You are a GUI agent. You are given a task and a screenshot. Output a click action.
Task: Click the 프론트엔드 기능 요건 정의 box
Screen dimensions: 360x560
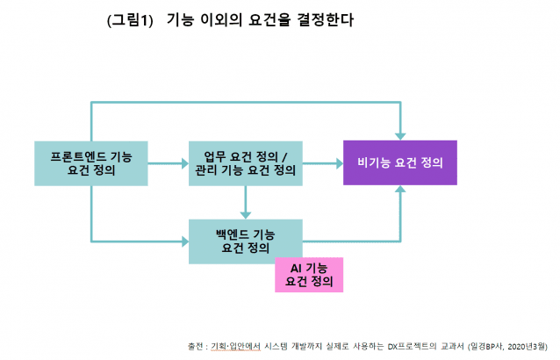pyautogui.click(x=90, y=162)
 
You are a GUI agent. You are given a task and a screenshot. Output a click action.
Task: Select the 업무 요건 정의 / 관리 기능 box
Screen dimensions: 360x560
pyautogui.click(x=245, y=162)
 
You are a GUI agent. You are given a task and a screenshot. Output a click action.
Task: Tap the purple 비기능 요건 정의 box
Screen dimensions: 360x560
pyautogui.click(x=399, y=162)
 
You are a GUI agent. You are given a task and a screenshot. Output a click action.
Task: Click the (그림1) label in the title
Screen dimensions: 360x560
pyautogui.click(x=130, y=20)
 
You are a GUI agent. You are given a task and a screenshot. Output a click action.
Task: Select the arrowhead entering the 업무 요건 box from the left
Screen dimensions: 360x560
pyautogui.click(x=184, y=162)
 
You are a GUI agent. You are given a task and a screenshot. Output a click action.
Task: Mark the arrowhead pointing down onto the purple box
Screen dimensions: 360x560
pyautogui.click(x=400, y=134)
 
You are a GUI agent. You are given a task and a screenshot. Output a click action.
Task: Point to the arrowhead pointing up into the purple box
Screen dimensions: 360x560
pyautogui.click(x=400, y=191)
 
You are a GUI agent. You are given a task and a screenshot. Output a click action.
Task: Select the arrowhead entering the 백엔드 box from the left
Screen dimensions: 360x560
pyautogui.click(x=184, y=239)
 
